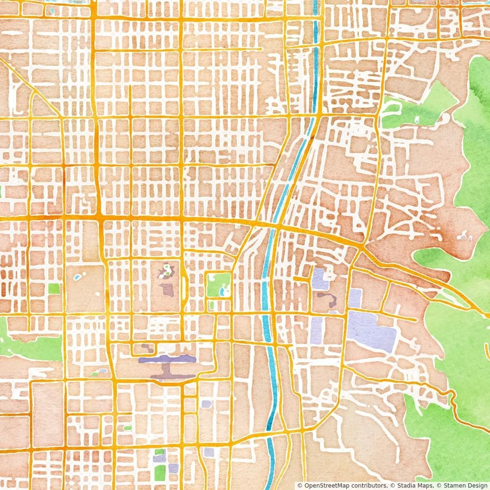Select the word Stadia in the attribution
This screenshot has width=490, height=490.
pos(406,485)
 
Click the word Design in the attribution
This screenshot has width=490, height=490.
pos(479,485)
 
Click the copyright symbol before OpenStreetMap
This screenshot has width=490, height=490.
pos(300,485)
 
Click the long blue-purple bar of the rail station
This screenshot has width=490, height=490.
pos(167,359)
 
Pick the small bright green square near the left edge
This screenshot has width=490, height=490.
pos(54,288)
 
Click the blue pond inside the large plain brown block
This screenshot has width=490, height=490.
pos(77,277)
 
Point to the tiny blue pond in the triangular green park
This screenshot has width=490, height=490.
pos(418,120)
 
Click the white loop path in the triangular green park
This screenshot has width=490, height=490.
pos(391,108)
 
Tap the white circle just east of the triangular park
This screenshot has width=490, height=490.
pos(447,117)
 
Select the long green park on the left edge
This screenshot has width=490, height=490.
pos(31,347)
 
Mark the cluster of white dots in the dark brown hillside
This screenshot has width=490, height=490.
pos(463,236)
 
